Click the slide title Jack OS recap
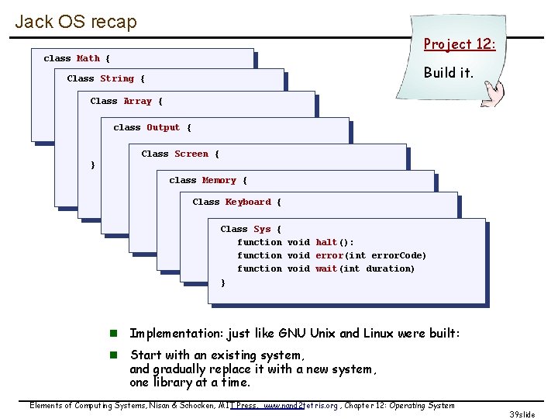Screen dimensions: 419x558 tap(76, 21)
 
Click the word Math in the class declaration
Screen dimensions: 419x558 tap(88, 58)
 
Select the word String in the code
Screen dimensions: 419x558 tap(117, 78)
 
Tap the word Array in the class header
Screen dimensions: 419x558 tap(137, 101)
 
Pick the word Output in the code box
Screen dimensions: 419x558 tap(163, 127)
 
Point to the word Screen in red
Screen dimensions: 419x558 tap(191, 154)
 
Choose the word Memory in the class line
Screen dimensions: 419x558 tap(219, 180)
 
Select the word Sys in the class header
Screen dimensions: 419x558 tap(262, 229)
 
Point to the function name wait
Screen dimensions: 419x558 tap(326, 268)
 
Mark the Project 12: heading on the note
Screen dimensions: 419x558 tap(459, 44)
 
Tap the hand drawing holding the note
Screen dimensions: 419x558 tap(492, 95)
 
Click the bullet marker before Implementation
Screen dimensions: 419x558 tap(112, 334)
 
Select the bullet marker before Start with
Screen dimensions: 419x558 tap(112, 355)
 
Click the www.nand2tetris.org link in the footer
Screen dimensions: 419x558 tap(301, 405)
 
